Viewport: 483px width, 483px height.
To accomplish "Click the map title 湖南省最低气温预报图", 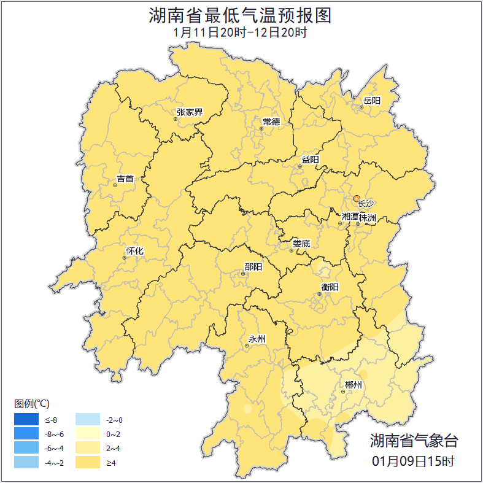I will [241, 15].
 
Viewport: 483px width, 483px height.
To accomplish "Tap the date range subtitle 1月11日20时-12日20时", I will [241, 32].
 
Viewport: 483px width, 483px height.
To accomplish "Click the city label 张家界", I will [189, 112].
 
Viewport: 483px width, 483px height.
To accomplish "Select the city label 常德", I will [271, 122].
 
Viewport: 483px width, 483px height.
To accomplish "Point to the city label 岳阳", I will [372, 101].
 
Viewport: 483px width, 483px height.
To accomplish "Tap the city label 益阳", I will [310, 160].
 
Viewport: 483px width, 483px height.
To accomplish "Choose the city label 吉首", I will [125, 179].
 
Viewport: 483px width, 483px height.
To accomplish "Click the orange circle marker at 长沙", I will [357, 198].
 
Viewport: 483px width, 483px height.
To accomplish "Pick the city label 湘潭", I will [350, 217].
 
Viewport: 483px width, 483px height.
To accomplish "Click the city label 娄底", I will [301, 244].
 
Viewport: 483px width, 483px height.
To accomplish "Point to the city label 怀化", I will [134, 251].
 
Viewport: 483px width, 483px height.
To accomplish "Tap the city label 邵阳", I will [253, 266].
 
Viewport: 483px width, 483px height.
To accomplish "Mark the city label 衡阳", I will [330, 287].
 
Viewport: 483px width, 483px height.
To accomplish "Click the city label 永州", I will [257, 339].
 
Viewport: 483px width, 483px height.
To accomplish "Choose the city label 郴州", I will [354, 385].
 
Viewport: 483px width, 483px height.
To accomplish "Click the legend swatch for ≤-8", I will [26, 420].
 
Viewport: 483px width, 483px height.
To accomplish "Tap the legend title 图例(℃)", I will [32, 404].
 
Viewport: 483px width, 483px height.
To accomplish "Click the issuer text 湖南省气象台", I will [414, 440].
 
